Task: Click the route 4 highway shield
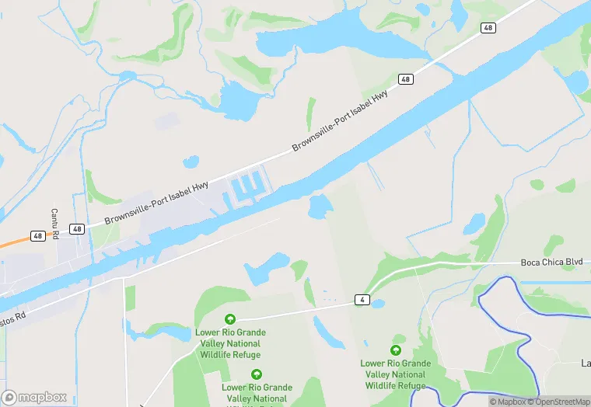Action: tap(362, 299)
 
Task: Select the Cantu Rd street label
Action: tap(54, 224)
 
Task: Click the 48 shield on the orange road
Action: tap(38, 235)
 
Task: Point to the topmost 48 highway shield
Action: tap(488, 28)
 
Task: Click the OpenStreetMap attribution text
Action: tap(558, 402)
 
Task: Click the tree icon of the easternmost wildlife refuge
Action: tap(397, 350)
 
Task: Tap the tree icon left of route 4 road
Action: tap(230, 319)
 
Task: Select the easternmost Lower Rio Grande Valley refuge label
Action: tap(395, 374)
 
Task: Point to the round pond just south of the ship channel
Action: tap(320, 206)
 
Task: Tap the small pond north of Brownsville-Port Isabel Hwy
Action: tap(191, 162)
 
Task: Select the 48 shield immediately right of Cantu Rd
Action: tap(76, 228)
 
